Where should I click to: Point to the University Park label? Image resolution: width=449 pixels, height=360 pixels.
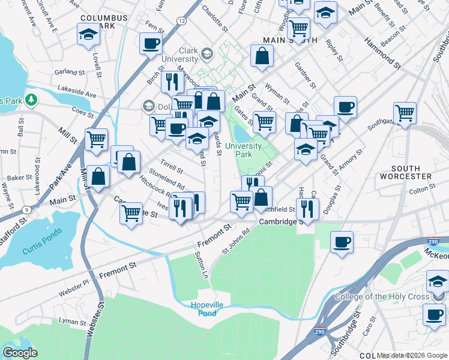tap(247, 150)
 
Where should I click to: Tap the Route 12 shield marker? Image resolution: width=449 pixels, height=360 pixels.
tap(181, 21)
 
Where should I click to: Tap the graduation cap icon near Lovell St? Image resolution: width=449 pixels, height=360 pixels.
tap(88, 34)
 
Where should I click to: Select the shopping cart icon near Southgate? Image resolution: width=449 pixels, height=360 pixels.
tap(405, 112)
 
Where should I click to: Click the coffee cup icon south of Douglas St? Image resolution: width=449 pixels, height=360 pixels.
tap(342, 241)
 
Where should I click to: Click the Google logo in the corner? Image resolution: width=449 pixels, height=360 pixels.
tap(20, 353)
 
